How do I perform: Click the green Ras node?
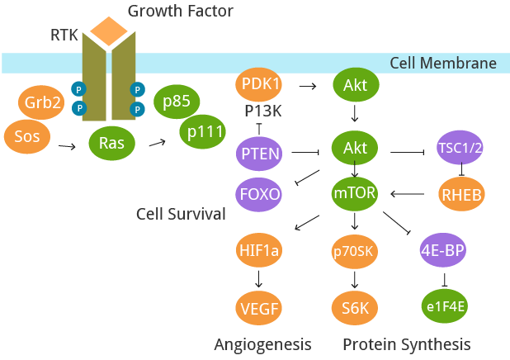[x=111, y=143]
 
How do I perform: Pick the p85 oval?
[x=177, y=102]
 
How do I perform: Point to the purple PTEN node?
[x=259, y=152]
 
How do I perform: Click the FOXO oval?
[x=259, y=195]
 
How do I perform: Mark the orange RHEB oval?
[x=460, y=195]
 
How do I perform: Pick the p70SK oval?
[x=355, y=252]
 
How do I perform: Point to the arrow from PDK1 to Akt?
[x=308, y=85]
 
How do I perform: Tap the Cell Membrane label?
[x=456, y=64]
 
